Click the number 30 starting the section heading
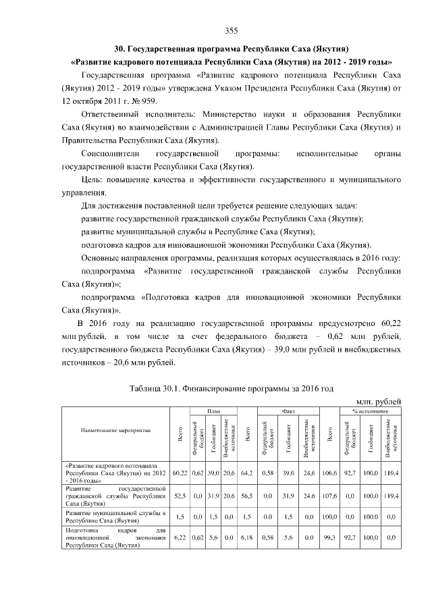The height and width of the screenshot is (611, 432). coord(119,49)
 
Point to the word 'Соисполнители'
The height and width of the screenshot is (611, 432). coord(109,154)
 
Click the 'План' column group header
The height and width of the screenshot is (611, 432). coord(213,411)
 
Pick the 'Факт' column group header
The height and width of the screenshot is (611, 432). coord(287,411)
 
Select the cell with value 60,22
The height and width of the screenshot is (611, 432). coord(180,473)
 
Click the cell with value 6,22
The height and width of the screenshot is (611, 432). coord(180,538)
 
